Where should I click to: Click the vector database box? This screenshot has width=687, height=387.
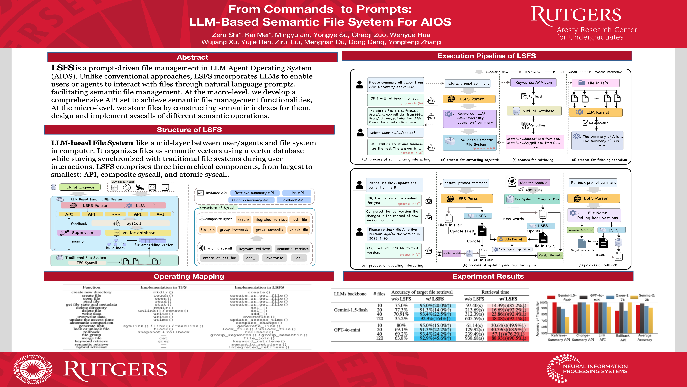138,233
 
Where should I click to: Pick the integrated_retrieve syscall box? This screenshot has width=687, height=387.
270,219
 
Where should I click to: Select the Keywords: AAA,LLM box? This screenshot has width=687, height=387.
533,83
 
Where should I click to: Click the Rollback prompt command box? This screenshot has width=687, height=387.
593,183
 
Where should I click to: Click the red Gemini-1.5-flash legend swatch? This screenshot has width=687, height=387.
551,297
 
